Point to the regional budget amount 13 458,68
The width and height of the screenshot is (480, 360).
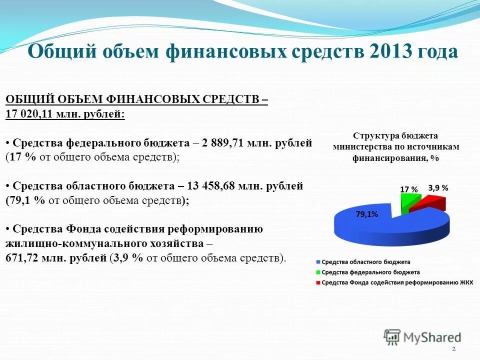click(213, 186)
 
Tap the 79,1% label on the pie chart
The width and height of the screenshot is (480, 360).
click(366, 214)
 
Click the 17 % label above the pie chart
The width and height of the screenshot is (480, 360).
click(408, 189)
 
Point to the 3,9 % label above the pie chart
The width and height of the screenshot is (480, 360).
click(438, 188)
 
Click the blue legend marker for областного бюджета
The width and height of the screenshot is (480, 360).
click(318, 262)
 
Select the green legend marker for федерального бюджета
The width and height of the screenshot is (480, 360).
click(318, 272)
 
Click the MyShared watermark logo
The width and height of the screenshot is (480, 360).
click(422, 337)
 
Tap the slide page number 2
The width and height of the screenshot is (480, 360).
click(453, 348)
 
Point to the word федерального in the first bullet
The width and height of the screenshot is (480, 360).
click(104, 143)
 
